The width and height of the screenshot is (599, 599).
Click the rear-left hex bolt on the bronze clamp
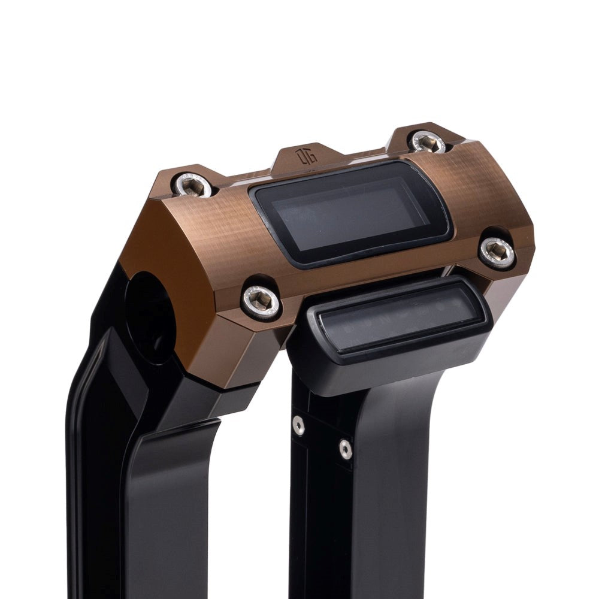tap(193, 185)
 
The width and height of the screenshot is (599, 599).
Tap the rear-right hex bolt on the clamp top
tap(429, 142)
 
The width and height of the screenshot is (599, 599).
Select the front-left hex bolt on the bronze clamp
tap(262, 299)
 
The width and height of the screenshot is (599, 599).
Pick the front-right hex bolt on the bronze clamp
tap(498, 252)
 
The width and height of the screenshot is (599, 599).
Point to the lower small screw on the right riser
tap(345, 449)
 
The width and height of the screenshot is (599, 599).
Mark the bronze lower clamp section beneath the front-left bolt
tap(240, 347)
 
